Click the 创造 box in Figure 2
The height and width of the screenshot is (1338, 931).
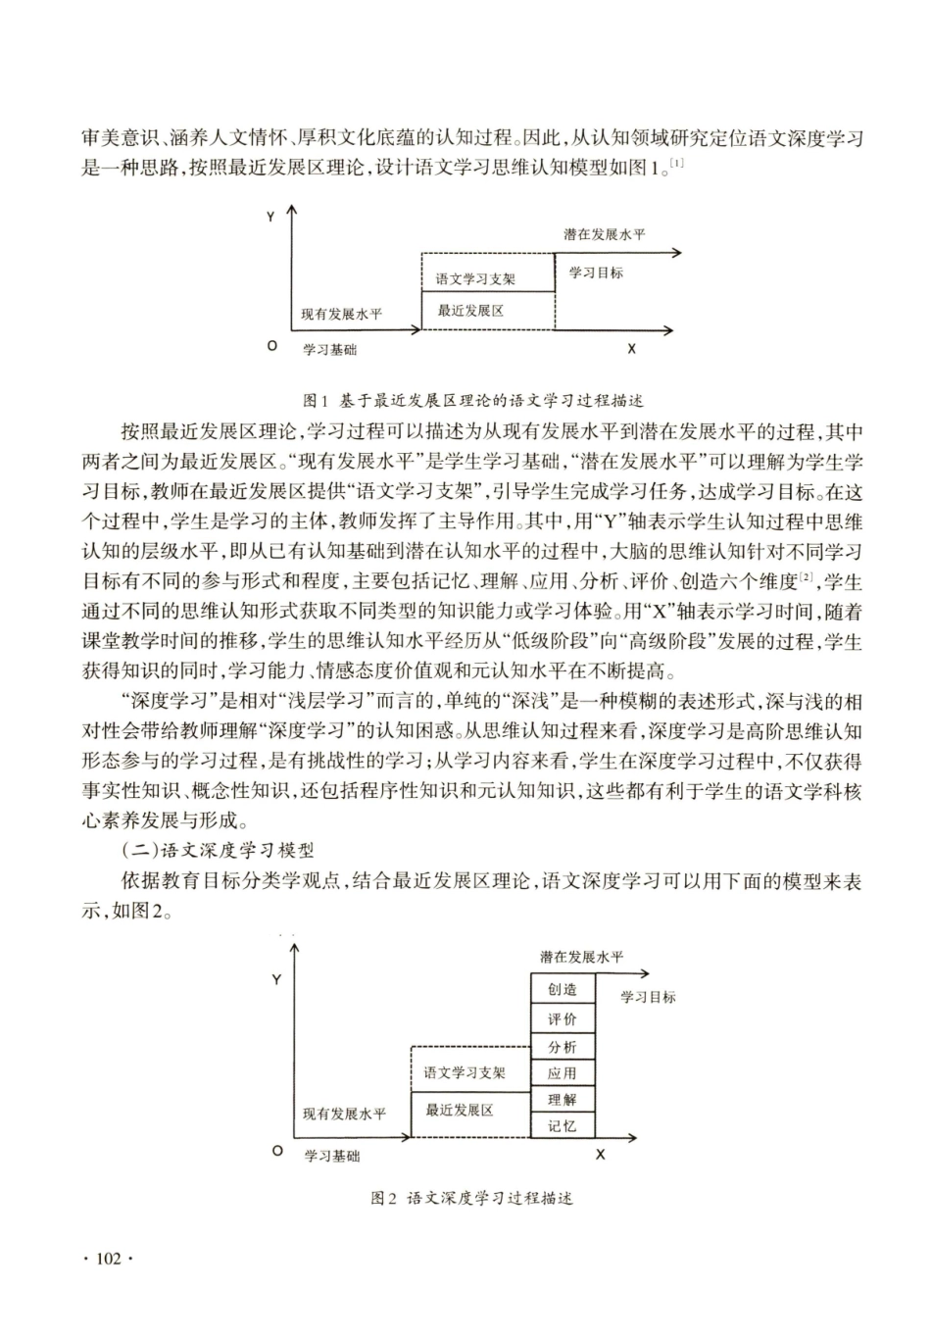(x=562, y=990)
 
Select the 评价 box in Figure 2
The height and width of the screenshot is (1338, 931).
(x=562, y=1019)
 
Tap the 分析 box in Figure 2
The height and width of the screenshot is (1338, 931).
(x=562, y=1047)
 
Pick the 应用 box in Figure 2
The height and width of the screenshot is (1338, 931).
(x=562, y=1073)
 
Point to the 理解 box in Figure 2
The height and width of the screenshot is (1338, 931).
(x=562, y=1100)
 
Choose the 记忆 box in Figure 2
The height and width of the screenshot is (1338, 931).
(x=562, y=1126)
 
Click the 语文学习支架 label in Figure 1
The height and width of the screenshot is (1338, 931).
(x=475, y=279)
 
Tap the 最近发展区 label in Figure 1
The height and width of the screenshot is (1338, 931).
(x=470, y=311)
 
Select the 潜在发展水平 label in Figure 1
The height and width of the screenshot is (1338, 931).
(x=604, y=235)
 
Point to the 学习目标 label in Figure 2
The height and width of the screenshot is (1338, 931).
(x=648, y=997)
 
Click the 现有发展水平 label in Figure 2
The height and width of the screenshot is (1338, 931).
(x=344, y=1115)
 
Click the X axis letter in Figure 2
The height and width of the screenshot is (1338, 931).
(x=601, y=1155)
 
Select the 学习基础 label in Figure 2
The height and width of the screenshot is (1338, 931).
(x=332, y=1157)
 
